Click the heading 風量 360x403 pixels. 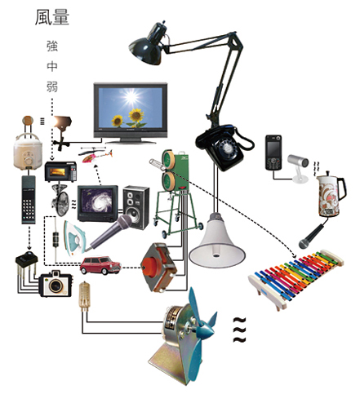(x=52, y=17)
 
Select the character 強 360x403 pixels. (x=52, y=46)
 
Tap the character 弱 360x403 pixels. (x=52, y=86)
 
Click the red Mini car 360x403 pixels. (x=100, y=265)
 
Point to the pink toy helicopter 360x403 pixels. (x=96, y=155)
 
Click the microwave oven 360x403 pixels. (x=60, y=171)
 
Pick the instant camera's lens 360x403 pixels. (x=56, y=286)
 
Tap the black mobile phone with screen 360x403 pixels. (x=273, y=153)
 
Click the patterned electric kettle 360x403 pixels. (x=330, y=194)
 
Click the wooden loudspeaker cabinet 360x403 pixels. (x=136, y=207)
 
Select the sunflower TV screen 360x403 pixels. (x=131, y=108)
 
